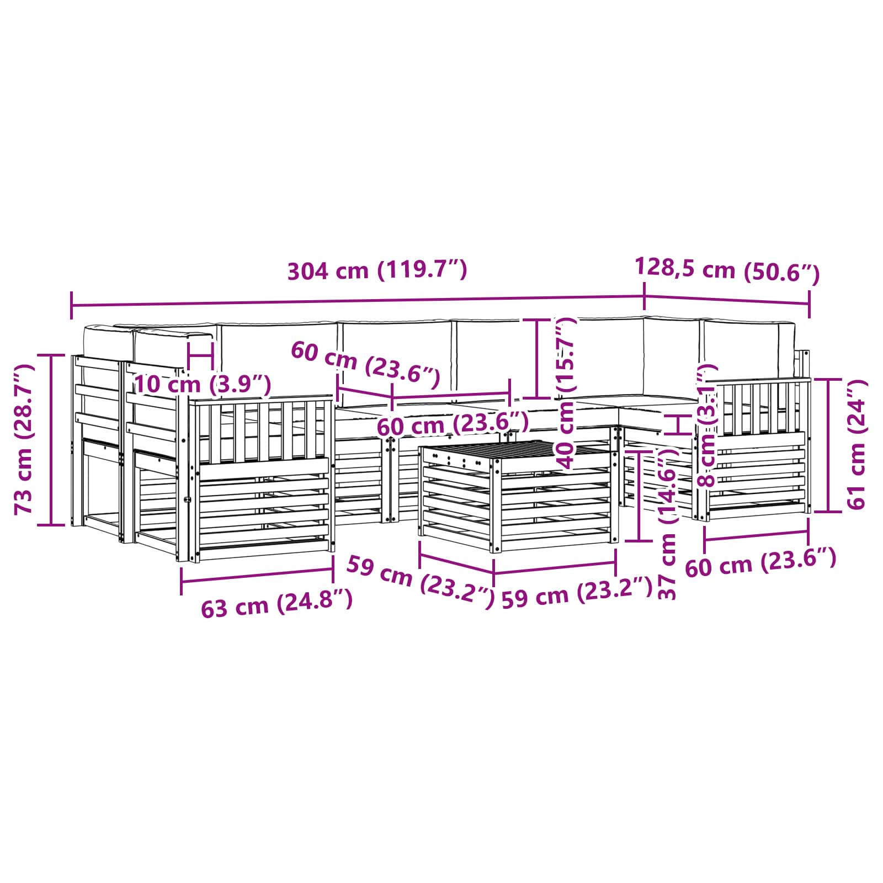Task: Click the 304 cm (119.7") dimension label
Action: point(377,270)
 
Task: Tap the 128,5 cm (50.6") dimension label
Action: point(727,270)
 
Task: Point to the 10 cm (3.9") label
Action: point(203,384)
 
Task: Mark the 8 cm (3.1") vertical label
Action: point(708,425)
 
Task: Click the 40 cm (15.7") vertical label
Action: point(566,392)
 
